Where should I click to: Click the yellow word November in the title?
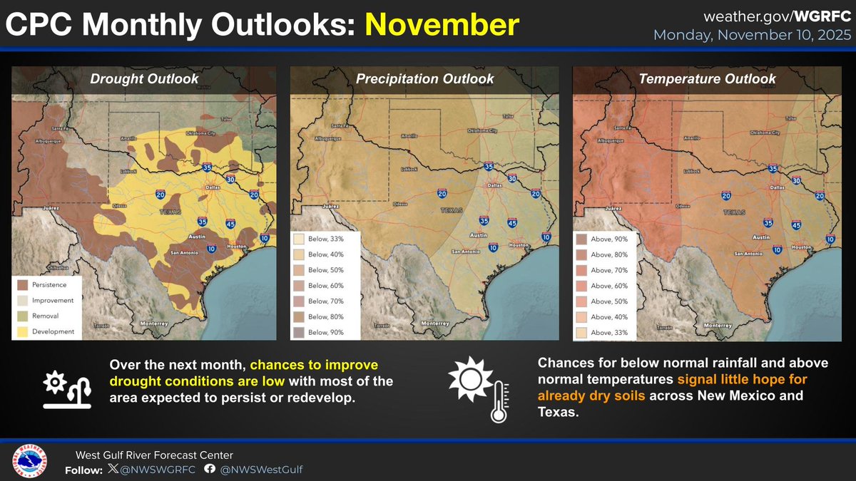[442, 26]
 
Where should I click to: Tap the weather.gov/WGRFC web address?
[777, 16]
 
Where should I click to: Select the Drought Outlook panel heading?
[144, 79]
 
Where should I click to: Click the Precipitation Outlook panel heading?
[424, 79]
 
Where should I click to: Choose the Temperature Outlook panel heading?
[707, 79]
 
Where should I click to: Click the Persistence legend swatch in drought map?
[24, 285]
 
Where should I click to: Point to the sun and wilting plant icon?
[67, 389]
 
